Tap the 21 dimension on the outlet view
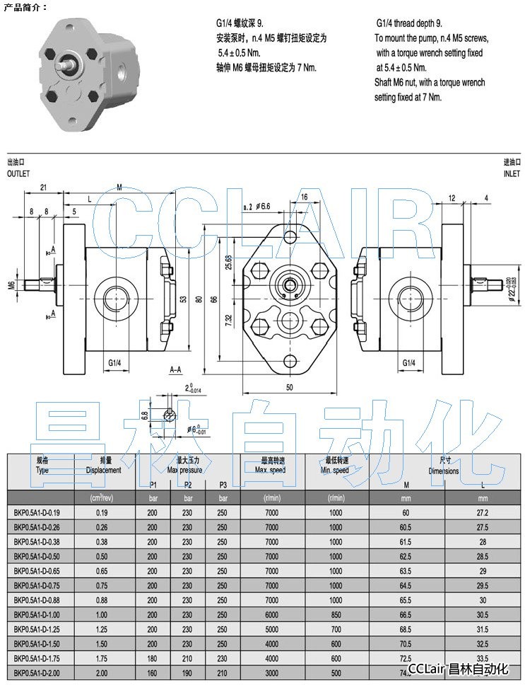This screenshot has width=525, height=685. [x=43, y=188]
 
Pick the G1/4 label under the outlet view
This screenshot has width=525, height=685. [x=115, y=363]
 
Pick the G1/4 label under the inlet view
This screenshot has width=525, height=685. [x=408, y=363]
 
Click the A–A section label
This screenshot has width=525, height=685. [x=177, y=369]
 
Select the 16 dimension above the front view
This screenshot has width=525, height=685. [x=304, y=197]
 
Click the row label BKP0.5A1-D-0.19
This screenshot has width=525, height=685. [x=37, y=512]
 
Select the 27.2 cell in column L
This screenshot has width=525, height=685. [x=483, y=512]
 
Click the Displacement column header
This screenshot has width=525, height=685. [x=104, y=470]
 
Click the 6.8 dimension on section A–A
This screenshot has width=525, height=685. [x=145, y=415]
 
